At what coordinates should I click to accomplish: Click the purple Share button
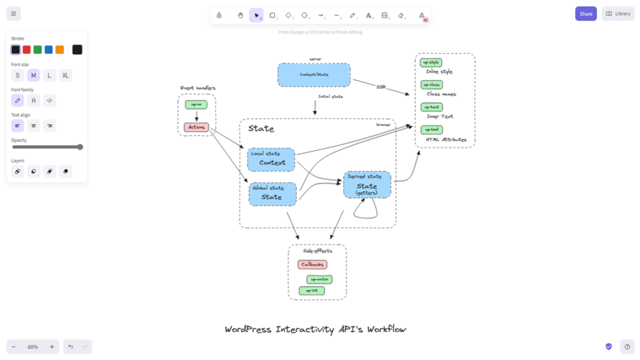pyautogui.click(x=585, y=14)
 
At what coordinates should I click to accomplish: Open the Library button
pyautogui.click(x=618, y=14)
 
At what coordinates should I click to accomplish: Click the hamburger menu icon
pyautogui.click(x=13, y=14)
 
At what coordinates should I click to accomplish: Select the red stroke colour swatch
pyautogui.click(x=27, y=50)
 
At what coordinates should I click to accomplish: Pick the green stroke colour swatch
pyautogui.click(x=38, y=50)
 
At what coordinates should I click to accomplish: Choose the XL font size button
pyautogui.click(x=65, y=76)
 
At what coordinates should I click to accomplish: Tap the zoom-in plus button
pyautogui.click(x=52, y=347)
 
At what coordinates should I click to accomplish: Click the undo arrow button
pyautogui.click(x=71, y=347)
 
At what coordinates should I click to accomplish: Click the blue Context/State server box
pyautogui.click(x=314, y=74)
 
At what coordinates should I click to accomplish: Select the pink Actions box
pyautogui.click(x=197, y=127)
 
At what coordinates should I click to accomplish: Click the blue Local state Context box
pyautogui.click(x=271, y=159)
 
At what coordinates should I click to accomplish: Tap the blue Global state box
pyautogui.click(x=272, y=194)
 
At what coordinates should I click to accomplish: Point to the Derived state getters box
pyautogui.click(x=367, y=185)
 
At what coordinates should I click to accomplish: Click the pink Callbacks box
pyautogui.click(x=312, y=265)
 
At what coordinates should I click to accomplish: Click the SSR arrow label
pyautogui.click(x=381, y=87)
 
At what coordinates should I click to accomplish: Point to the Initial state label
pyautogui.click(x=330, y=97)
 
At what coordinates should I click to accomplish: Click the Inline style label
pyautogui.click(x=439, y=72)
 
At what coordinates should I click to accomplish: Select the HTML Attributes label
pyautogui.click(x=446, y=140)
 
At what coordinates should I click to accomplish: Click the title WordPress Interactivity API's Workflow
pyautogui.click(x=315, y=329)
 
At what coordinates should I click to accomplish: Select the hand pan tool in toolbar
pyautogui.click(x=240, y=15)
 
